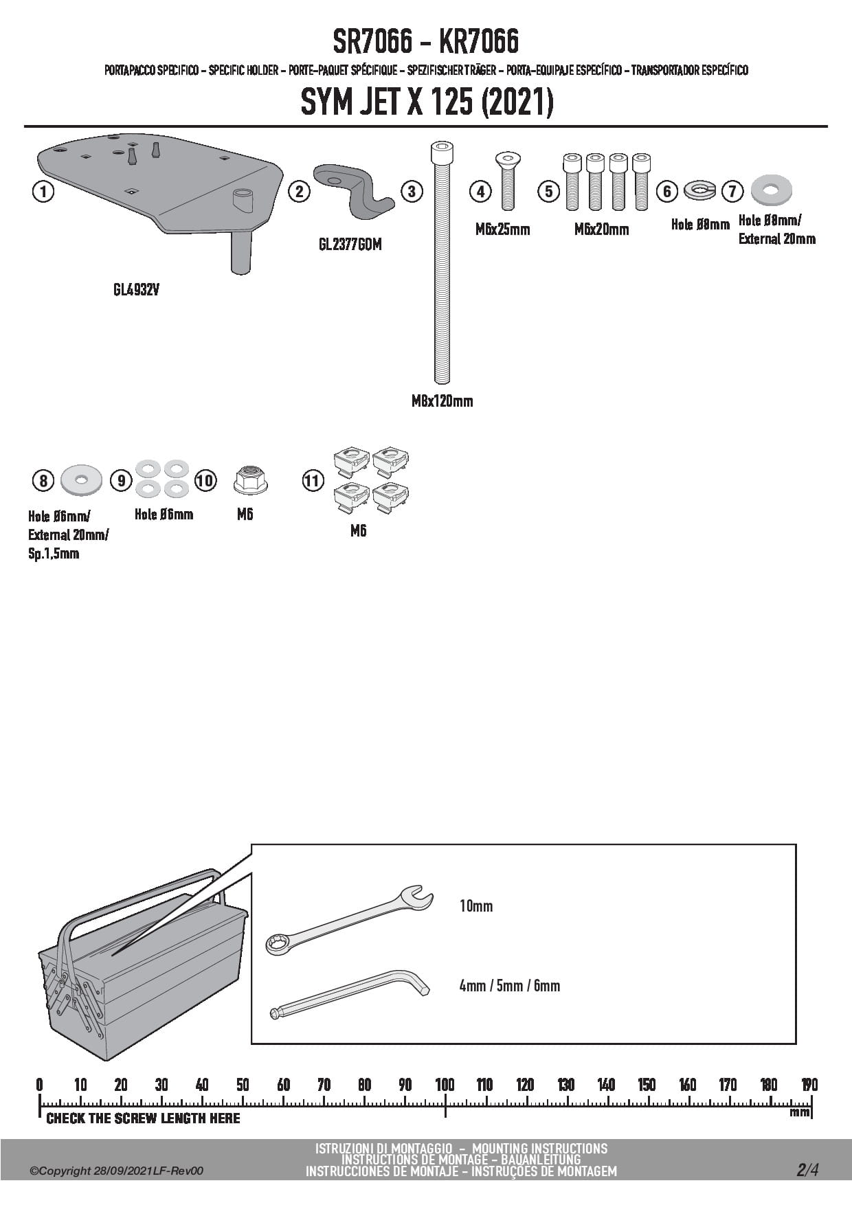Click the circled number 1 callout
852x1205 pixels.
pos(43,191)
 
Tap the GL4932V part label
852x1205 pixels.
pos(136,290)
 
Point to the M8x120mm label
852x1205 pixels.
pos(442,401)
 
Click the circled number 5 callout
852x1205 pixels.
pos(548,191)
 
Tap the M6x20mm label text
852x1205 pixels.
pos(601,229)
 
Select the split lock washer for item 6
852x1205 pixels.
pos(699,190)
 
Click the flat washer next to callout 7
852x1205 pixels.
pos(771,190)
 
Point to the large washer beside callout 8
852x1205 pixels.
pos(81,479)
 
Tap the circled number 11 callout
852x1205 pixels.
pos(313,480)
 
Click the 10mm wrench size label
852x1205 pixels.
pos(476,906)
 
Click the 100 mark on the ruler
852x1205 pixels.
pos(445,1085)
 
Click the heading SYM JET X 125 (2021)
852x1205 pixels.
pos(426,103)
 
